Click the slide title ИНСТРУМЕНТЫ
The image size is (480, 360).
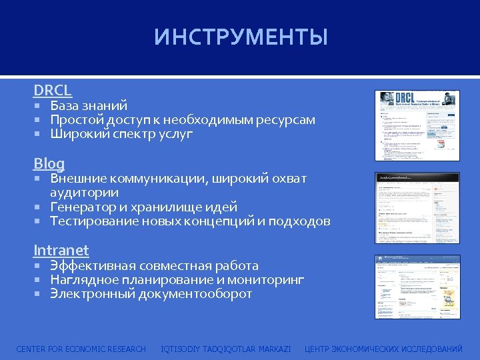point(241,37)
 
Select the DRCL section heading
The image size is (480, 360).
point(53,90)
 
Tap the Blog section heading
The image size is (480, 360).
point(49,163)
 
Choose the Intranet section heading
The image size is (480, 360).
point(61,251)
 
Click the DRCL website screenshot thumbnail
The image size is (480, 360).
point(417,125)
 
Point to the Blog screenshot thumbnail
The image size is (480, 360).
point(417,207)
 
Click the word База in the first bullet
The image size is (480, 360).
point(65,105)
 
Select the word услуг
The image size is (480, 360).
point(175,134)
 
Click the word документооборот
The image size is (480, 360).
point(195,294)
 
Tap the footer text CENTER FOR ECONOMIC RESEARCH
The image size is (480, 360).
point(81,349)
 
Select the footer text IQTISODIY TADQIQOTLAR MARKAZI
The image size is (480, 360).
point(226,349)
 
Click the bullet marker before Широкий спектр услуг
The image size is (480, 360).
point(39,134)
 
